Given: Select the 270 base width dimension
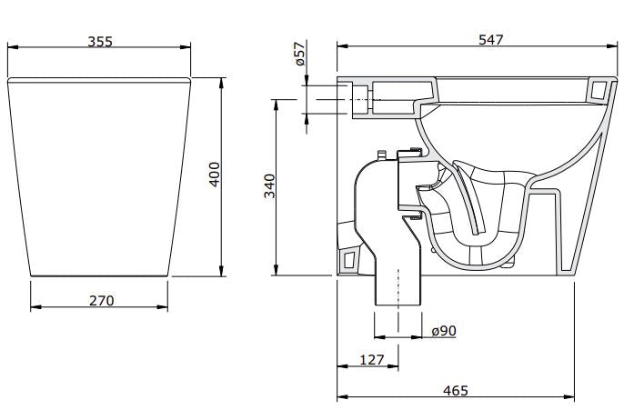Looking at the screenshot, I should coord(101,300).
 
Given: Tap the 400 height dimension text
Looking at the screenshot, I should coord(215,174).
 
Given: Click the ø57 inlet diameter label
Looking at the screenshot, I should coord(299,55).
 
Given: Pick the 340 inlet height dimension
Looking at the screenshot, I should coord(269,185).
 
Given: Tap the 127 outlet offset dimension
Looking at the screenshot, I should coord(371,360).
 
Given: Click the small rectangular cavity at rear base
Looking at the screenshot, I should coord(347,262).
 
